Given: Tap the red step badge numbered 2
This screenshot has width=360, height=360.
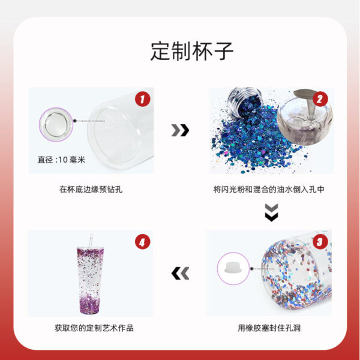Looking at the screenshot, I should [x=321, y=99].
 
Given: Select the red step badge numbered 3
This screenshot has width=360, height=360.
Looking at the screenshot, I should [x=321, y=242].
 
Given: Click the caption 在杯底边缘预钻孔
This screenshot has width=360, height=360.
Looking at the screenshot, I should [x=91, y=190].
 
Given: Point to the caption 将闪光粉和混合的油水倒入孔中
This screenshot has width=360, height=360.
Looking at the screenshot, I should [x=269, y=190].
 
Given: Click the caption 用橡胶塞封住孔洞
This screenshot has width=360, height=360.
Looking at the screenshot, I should [x=269, y=328].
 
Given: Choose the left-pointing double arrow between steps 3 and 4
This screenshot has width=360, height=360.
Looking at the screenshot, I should [x=180, y=274].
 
